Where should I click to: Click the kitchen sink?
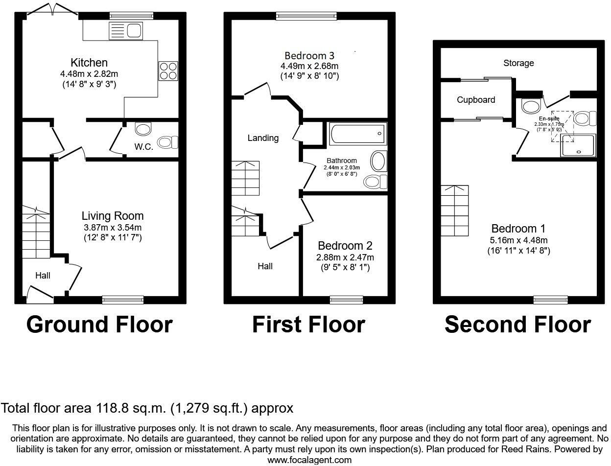pos(126,32)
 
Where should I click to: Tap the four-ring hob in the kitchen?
pos(168,70)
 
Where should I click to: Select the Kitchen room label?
pos(89,63)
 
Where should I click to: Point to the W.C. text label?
pos(144,146)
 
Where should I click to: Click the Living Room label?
pos(113,216)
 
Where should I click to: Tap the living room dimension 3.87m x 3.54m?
pos(113,227)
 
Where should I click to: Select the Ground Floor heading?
pos(99,325)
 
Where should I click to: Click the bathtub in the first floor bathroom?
pos(358,133)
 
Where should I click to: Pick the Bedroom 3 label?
pos(309,55)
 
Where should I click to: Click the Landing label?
pos(263,138)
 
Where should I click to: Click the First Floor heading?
pos(308,325)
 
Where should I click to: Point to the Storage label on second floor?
pos(518,63)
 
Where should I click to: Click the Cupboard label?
pos(476,100)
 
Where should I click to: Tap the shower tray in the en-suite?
pos(578,146)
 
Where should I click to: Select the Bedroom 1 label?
pos(518,229)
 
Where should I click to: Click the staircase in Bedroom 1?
pos(455,210)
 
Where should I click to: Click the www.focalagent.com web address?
pos(309,460)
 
